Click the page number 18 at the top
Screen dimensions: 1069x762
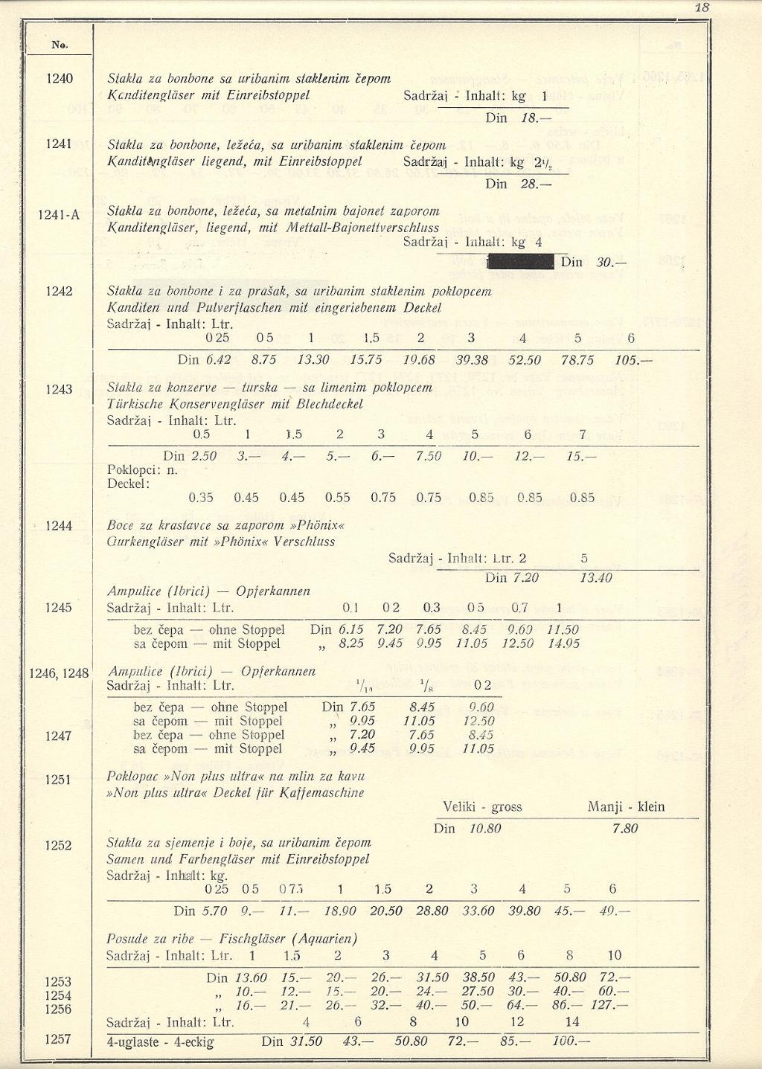701,8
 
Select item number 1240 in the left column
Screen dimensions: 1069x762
60,78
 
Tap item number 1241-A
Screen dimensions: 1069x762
60,216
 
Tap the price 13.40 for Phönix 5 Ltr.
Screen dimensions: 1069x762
595,577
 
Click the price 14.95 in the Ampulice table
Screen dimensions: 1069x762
563,643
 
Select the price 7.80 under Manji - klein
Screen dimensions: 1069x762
624,829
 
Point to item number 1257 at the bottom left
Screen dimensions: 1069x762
58,1039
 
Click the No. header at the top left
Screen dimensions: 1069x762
60,45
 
